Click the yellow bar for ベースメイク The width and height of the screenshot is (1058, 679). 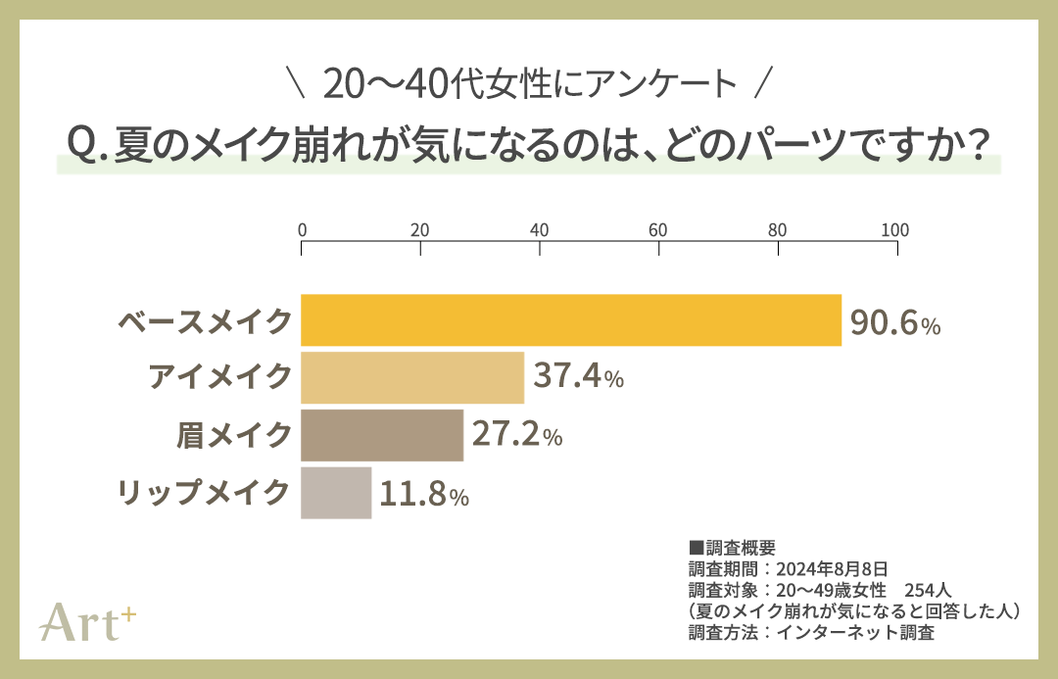571,320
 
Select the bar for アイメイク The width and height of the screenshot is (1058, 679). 412,377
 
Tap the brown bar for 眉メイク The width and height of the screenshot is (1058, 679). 382,435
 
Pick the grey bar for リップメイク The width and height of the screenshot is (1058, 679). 336,493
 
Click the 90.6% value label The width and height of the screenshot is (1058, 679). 894,322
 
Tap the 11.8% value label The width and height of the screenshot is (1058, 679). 424,494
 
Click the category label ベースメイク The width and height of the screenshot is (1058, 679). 205,321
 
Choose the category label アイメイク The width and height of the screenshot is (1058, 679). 220,377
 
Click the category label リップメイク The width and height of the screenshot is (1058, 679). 205,493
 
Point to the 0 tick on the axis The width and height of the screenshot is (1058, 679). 303,231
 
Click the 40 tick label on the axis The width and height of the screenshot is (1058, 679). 539,231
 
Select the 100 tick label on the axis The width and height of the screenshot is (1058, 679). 894,231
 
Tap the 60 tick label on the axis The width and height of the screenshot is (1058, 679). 658,231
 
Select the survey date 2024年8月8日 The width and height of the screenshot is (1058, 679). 832,568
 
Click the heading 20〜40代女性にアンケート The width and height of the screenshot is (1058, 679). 529,86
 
